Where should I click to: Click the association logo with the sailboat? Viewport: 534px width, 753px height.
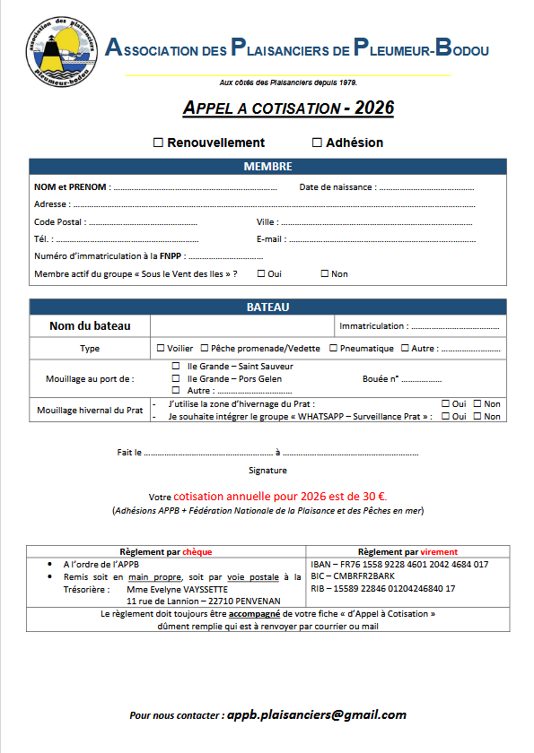(59, 48)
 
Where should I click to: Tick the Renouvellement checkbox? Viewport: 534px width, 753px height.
(158, 143)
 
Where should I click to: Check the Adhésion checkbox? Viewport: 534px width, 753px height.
(317, 143)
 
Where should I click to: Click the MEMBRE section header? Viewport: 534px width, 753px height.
(267, 167)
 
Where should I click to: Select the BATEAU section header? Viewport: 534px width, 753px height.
(267, 307)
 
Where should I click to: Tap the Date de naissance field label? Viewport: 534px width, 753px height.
(337, 187)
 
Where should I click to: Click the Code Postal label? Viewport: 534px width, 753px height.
(59, 221)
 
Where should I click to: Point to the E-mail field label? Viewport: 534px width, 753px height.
(271, 239)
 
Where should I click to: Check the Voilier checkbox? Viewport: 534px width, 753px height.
(161, 348)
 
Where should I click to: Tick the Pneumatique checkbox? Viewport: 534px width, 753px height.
(333, 348)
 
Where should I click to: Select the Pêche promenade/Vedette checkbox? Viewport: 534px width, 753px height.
(205, 348)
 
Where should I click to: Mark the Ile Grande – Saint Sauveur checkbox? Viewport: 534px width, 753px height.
(176, 367)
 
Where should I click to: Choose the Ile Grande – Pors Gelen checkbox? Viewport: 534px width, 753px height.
(176, 378)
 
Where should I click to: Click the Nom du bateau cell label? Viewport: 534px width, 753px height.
(90, 326)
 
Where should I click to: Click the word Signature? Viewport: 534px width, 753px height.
(267, 470)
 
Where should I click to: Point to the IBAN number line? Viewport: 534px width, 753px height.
(398, 564)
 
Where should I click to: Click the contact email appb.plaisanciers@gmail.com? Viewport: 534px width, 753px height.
(316, 714)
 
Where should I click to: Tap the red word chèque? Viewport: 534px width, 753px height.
(197, 551)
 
